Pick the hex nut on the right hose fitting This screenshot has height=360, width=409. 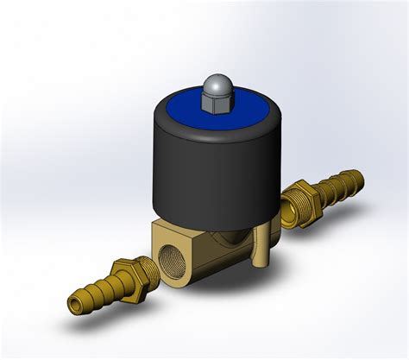coord(295,200)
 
